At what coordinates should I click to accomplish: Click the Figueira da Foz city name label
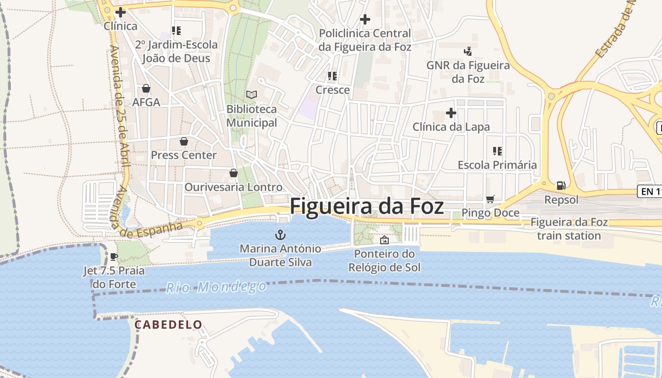pos(366,207)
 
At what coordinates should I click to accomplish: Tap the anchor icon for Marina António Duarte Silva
pos(280,234)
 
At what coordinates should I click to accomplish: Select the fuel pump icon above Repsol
pos(561,186)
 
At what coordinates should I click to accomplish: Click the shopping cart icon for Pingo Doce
pos(490,199)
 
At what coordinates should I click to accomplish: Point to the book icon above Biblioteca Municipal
pos(252,95)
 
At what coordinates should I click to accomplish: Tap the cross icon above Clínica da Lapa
pos(451,113)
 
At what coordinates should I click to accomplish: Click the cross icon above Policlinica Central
pos(365,19)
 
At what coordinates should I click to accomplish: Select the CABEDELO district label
pos(168,325)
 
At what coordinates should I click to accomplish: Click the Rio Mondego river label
pos(216,287)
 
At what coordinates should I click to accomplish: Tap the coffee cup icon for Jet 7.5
pos(113,257)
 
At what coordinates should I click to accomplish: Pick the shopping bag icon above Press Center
pos(183,141)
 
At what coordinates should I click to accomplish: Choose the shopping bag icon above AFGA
pos(146,88)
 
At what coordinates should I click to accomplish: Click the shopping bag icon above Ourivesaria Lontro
pos(233,173)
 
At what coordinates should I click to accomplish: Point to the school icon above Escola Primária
pos(497,151)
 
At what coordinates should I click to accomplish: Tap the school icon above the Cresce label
pos(332,76)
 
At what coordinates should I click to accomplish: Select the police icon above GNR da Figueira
pos(468,51)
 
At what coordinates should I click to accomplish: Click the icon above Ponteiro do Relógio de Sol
pos(384,240)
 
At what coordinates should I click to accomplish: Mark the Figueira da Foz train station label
pos(569,229)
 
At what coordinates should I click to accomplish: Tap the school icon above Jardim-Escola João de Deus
pos(176,31)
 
